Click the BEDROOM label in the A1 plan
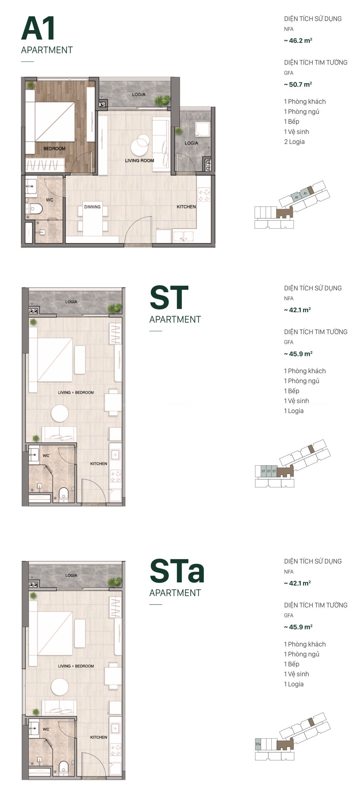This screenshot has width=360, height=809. click(x=54, y=149)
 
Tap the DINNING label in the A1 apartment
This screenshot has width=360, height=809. click(x=92, y=207)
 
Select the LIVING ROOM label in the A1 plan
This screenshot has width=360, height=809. click(x=139, y=161)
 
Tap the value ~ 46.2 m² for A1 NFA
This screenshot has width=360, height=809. click(x=298, y=41)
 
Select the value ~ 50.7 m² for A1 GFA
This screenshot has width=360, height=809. click(x=298, y=84)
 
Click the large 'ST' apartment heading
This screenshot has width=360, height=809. click(x=169, y=297)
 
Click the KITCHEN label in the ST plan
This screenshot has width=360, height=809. click(x=99, y=464)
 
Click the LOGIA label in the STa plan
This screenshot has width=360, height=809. click(x=71, y=575)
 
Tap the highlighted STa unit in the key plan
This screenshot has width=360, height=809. click(x=258, y=744)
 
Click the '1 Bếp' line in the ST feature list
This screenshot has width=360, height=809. click(x=291, y=391)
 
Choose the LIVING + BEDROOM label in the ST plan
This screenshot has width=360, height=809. click(x=76, y=392)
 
